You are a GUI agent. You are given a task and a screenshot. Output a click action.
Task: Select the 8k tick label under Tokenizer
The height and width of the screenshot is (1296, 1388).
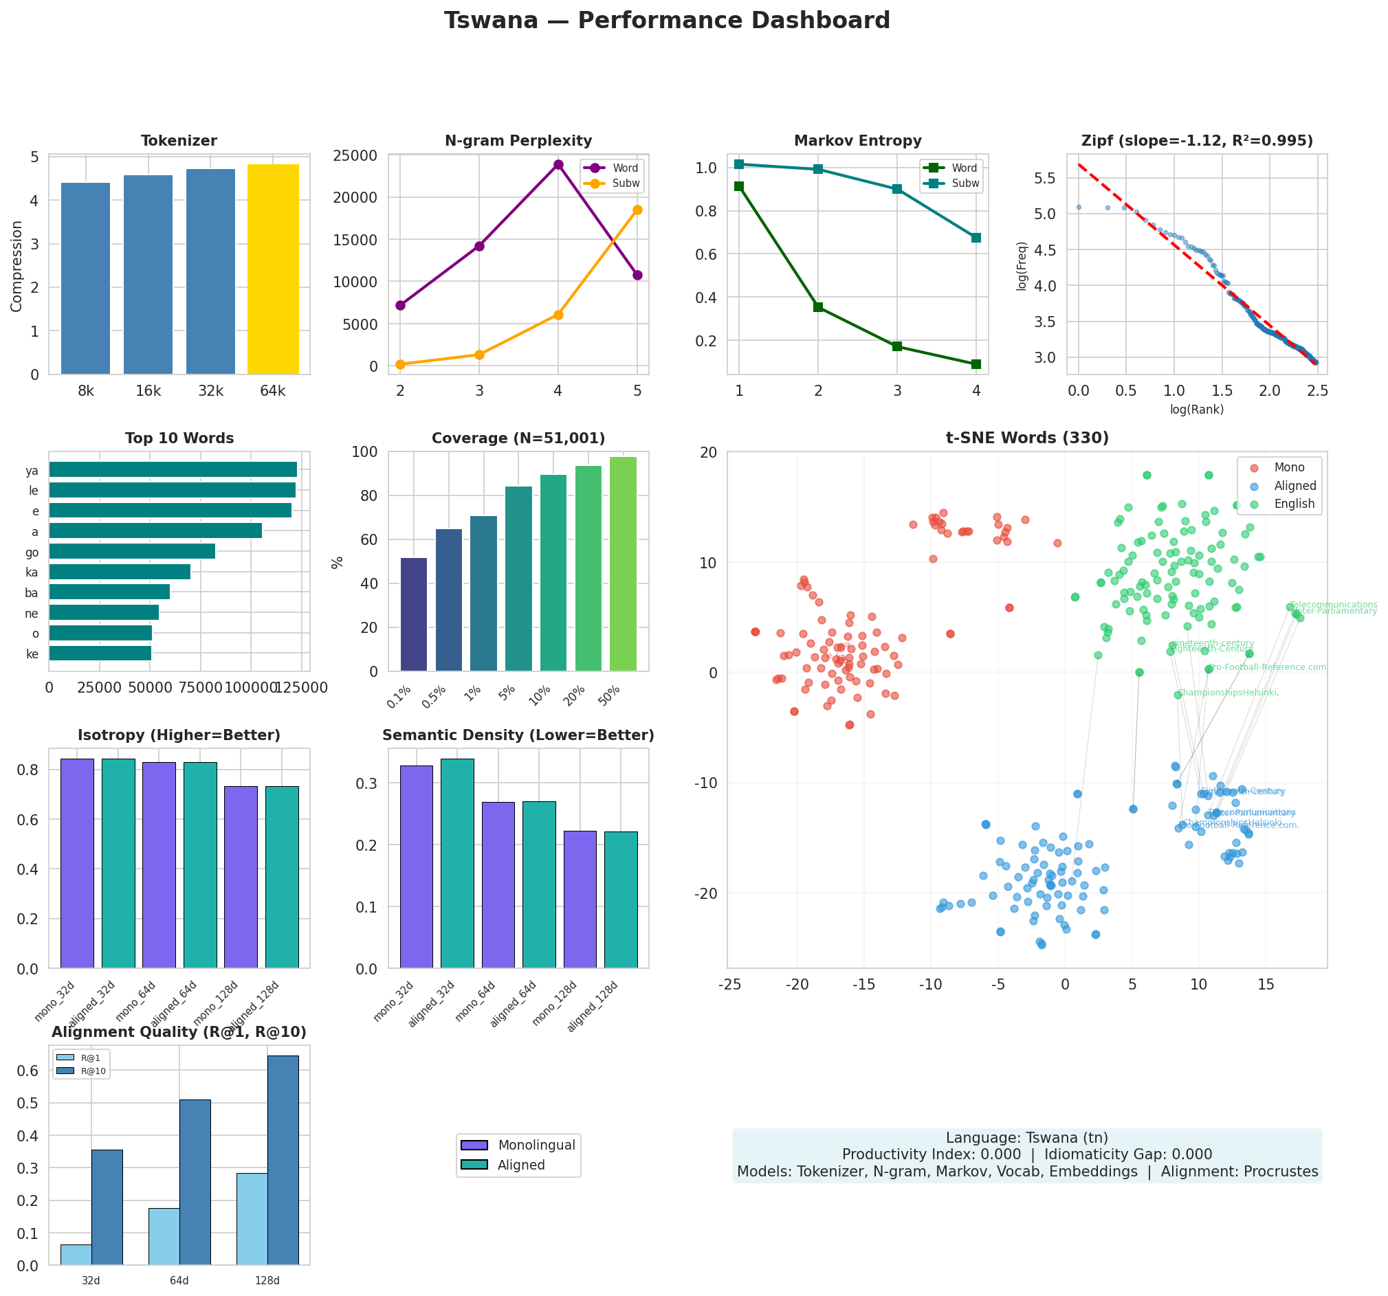pos(86,392)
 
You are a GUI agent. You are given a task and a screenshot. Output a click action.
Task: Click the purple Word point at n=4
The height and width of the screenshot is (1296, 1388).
pos(558,165)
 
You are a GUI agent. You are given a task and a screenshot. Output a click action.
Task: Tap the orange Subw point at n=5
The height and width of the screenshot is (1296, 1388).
pos(637,210)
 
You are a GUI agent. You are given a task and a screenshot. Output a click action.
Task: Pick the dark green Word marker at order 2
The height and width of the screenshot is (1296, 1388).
pos(818,307)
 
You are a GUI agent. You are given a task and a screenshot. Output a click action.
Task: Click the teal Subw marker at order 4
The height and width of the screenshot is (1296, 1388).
pos(976,238)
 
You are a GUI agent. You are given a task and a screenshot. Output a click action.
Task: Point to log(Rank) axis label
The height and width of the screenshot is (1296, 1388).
pos(1197,410)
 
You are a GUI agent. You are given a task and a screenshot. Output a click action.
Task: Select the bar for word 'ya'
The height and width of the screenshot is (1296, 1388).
pos(173,470)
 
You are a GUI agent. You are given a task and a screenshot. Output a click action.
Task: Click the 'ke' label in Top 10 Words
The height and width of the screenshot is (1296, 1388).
pos(32,654)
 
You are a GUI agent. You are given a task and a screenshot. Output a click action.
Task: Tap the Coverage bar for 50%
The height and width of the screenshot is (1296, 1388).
pos(623,564)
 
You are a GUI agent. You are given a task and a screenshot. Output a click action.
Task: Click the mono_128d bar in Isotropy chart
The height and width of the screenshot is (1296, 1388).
pos(241,877)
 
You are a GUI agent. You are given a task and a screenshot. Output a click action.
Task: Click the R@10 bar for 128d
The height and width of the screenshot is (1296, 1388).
pos(283,1160)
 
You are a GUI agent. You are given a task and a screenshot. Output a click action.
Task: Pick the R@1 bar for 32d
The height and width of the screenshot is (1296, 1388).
pos(76,1254)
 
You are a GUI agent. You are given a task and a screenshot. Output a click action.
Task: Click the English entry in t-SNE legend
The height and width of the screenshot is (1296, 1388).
pos(1294,504)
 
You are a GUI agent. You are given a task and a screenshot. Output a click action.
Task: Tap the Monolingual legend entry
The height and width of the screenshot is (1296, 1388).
pos(536,1146)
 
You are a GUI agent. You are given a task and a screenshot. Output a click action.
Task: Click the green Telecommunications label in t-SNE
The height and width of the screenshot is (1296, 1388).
pos(1333,605)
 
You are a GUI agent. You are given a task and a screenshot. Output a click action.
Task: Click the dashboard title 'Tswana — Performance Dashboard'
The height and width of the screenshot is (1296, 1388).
pos(667,21)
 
